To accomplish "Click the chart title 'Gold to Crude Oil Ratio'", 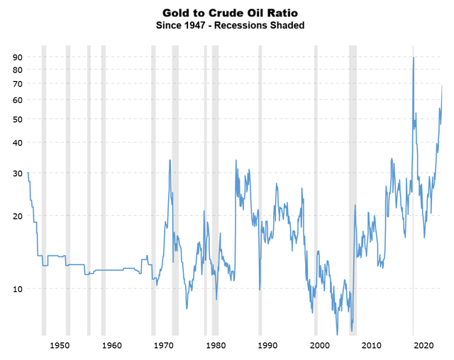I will click(226, 13).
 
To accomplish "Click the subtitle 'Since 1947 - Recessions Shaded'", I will click(226, 26).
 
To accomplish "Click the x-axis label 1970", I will click(163, 345).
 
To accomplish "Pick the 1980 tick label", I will click(215, 345).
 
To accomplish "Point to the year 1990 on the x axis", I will click(267, 345).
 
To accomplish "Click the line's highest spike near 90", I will click(414, 58).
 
